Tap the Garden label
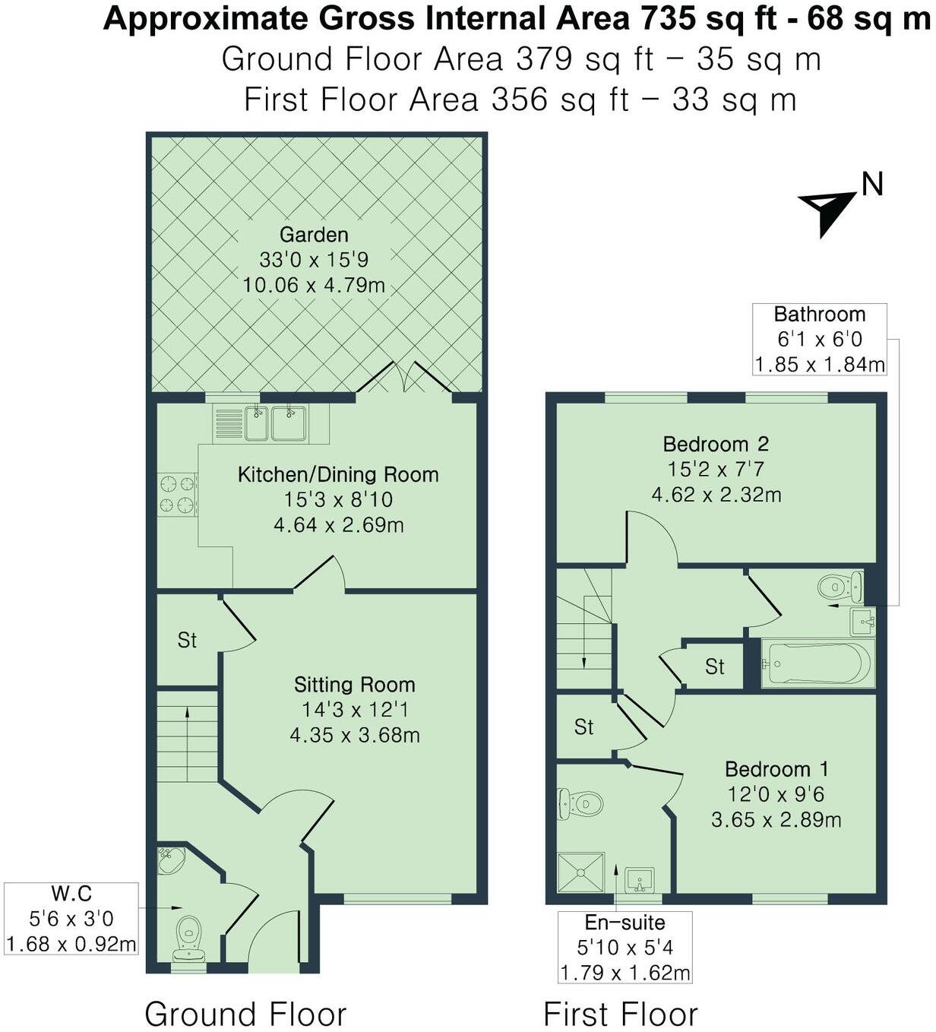(x=314, y=235)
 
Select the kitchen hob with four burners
(x=177, y=494)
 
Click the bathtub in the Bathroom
(x=817, y=663)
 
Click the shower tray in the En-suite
(x=581, y=872)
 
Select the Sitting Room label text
(x=354, y=685)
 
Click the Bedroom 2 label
(x=716, y=444)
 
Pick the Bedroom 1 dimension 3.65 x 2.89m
(x=776, y=820)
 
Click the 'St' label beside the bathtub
(x=714, y=667)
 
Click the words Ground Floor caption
(x=245, y=1014)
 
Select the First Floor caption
(x=620, y=1014)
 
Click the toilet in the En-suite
(x=581, y=803)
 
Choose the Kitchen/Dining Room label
(x=338, y=475)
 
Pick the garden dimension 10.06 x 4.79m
(x=314, y=286)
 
